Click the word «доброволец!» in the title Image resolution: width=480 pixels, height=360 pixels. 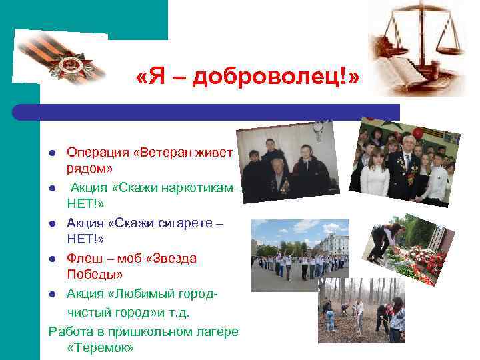(x=275, y=78)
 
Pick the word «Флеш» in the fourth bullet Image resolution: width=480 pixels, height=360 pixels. (x=81, y=258)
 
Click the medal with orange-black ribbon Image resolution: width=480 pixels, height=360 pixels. (x=67, y=63)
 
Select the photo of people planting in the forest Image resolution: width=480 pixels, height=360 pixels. (x=361, y=309)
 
